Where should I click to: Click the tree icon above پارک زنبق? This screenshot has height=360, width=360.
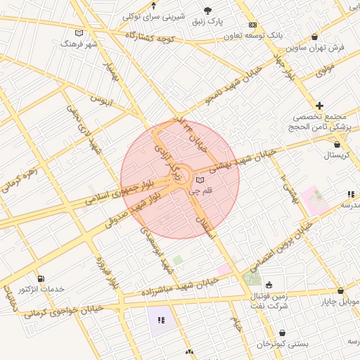point(207,10)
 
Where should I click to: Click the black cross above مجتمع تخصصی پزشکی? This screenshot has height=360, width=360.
point(320,105)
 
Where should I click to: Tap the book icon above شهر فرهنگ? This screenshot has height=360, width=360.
point(78,33)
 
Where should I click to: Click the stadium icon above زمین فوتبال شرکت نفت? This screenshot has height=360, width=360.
point(269,285)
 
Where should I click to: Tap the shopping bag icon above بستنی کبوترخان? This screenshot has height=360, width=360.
point(283,333)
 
